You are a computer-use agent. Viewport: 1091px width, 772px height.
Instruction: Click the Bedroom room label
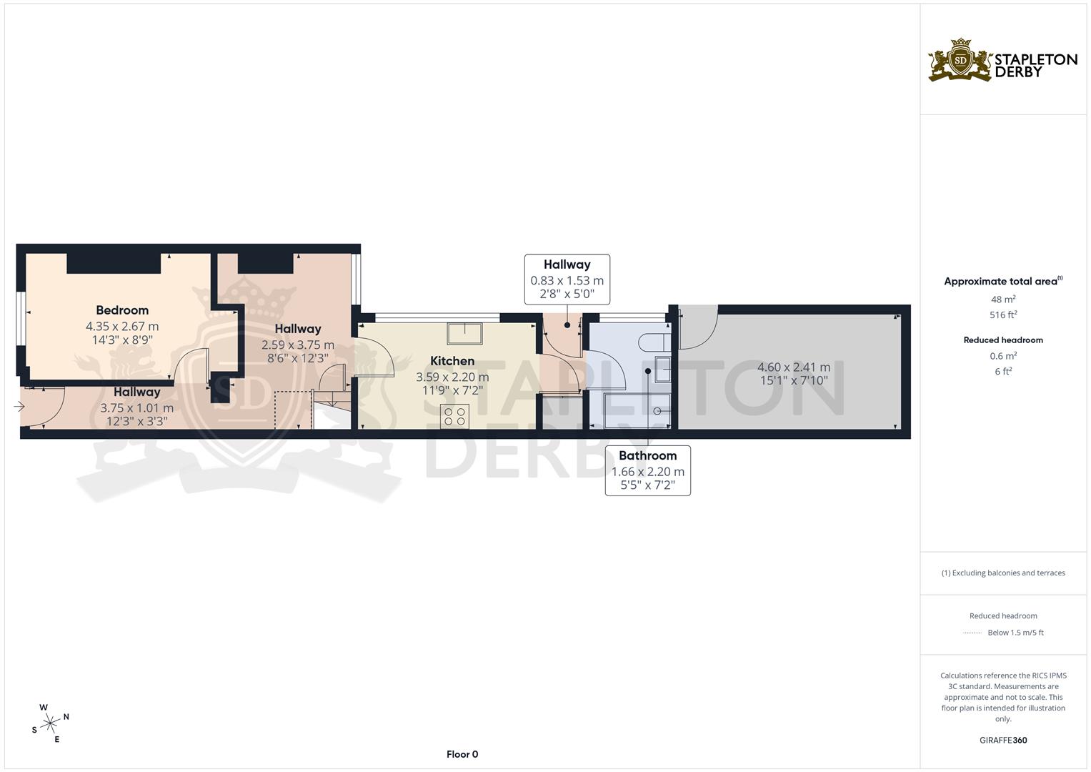[122, 310]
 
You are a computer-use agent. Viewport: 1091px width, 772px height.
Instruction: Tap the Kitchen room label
[452, 361]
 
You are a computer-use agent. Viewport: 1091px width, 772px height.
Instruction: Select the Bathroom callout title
[647, 455]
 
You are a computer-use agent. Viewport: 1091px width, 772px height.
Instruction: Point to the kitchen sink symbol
[464, 334]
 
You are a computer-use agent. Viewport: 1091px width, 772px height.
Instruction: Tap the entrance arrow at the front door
[19, 407]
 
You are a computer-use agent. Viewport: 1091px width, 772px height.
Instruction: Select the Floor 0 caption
[462, 754]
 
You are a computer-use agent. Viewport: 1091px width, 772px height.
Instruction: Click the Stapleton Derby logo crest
[960, 61]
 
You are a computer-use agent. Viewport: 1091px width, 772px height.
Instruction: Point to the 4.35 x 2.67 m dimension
[122, 327]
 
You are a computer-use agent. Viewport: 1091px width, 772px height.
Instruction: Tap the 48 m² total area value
[1003, 300]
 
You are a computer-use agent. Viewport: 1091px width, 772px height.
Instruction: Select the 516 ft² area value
[1003, 315]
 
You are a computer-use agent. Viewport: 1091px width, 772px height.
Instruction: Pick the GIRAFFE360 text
[1003, 741]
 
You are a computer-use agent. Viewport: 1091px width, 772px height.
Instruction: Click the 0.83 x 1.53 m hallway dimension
[567, 281]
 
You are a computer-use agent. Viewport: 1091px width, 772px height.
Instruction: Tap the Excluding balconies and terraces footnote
[1003, 573]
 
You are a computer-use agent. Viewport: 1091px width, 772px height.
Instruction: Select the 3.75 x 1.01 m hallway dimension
[136, 408]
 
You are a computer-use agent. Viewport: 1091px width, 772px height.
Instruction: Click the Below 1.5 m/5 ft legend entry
[1015, 633]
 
